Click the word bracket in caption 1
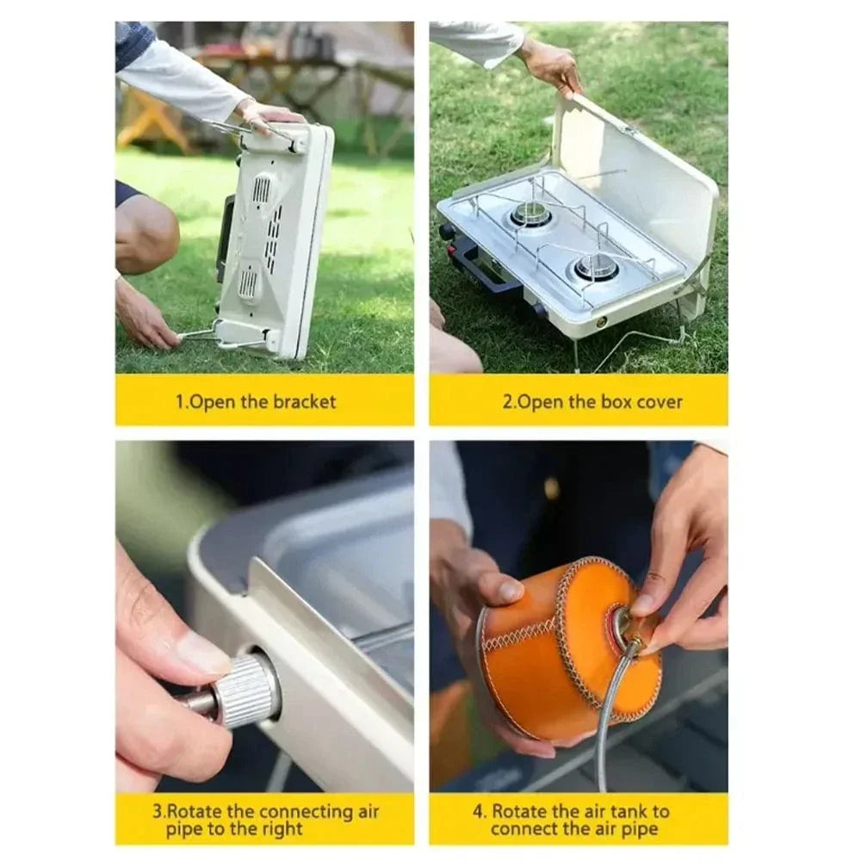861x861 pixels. (x=305, y=401)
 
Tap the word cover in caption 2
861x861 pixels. (x=659, y=401)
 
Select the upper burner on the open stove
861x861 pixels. (x=531, y=215)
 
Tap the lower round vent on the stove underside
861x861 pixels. (x=249, y=282)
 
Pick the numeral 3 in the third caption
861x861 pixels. (x=158, y=811)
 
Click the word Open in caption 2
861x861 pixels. (x=545, y=401)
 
